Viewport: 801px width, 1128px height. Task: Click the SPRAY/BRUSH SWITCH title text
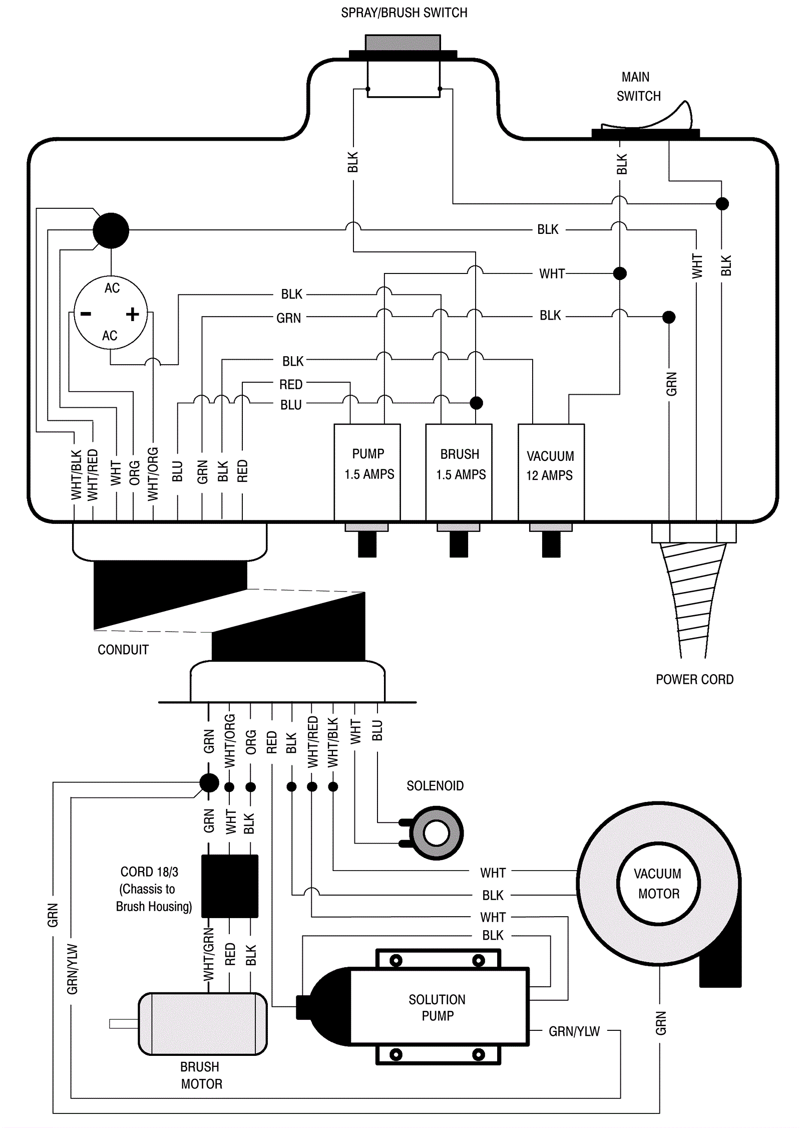[x=404, y=13]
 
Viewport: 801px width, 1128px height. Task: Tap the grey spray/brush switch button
[x=403, y=43]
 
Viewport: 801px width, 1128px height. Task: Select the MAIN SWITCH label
[x=638, y=87]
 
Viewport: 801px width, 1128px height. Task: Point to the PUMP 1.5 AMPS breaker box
[x=367, y=471]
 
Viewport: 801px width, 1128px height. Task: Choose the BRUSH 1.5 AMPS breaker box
[x=459, y=471]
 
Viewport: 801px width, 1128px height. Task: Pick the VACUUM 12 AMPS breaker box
[x=551, y=471]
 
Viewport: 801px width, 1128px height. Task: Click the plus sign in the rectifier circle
[x=133, y=314]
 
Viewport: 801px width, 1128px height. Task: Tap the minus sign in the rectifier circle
[x=86, y=314]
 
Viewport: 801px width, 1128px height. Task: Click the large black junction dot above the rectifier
[x=111, y=230]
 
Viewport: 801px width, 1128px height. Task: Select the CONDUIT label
[x=123, y=650]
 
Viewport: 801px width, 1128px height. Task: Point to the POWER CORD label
[x=694, y=680]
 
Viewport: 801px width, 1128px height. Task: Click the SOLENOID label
[x=435, y=786]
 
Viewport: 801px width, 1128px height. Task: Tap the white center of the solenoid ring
[x=436, y=833]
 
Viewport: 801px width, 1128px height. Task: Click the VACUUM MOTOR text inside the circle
[x=658, y=884]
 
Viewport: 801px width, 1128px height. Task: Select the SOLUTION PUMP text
[x=437, y=1007]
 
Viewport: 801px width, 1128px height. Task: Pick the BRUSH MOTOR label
[x=201, y=1075]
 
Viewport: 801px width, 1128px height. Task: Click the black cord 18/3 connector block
[x=230, y=886]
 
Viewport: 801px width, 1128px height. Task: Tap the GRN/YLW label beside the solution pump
[x=574, y=1031]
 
